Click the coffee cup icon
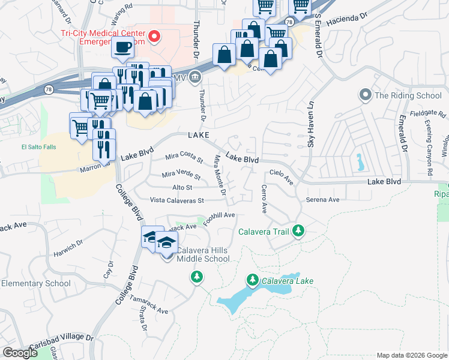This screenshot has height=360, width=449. pyautogui.click(x=123, y=47)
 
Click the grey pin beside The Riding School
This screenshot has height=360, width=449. pyautogui.click(x=364, y=95)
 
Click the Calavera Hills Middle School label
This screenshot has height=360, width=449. pyautogui.click(x=202, y=254)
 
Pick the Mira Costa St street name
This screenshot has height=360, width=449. pyautogui.click(x=184, y=157)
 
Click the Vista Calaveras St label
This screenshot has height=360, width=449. pyautogui.click(x=177, y=200)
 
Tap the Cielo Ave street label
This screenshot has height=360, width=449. pyautogui.click(x=280, y=175)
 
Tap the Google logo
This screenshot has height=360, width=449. pyautogui.click(x=20, y=353)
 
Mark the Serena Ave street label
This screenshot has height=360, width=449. pyautogui.click(x=322, y=200)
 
